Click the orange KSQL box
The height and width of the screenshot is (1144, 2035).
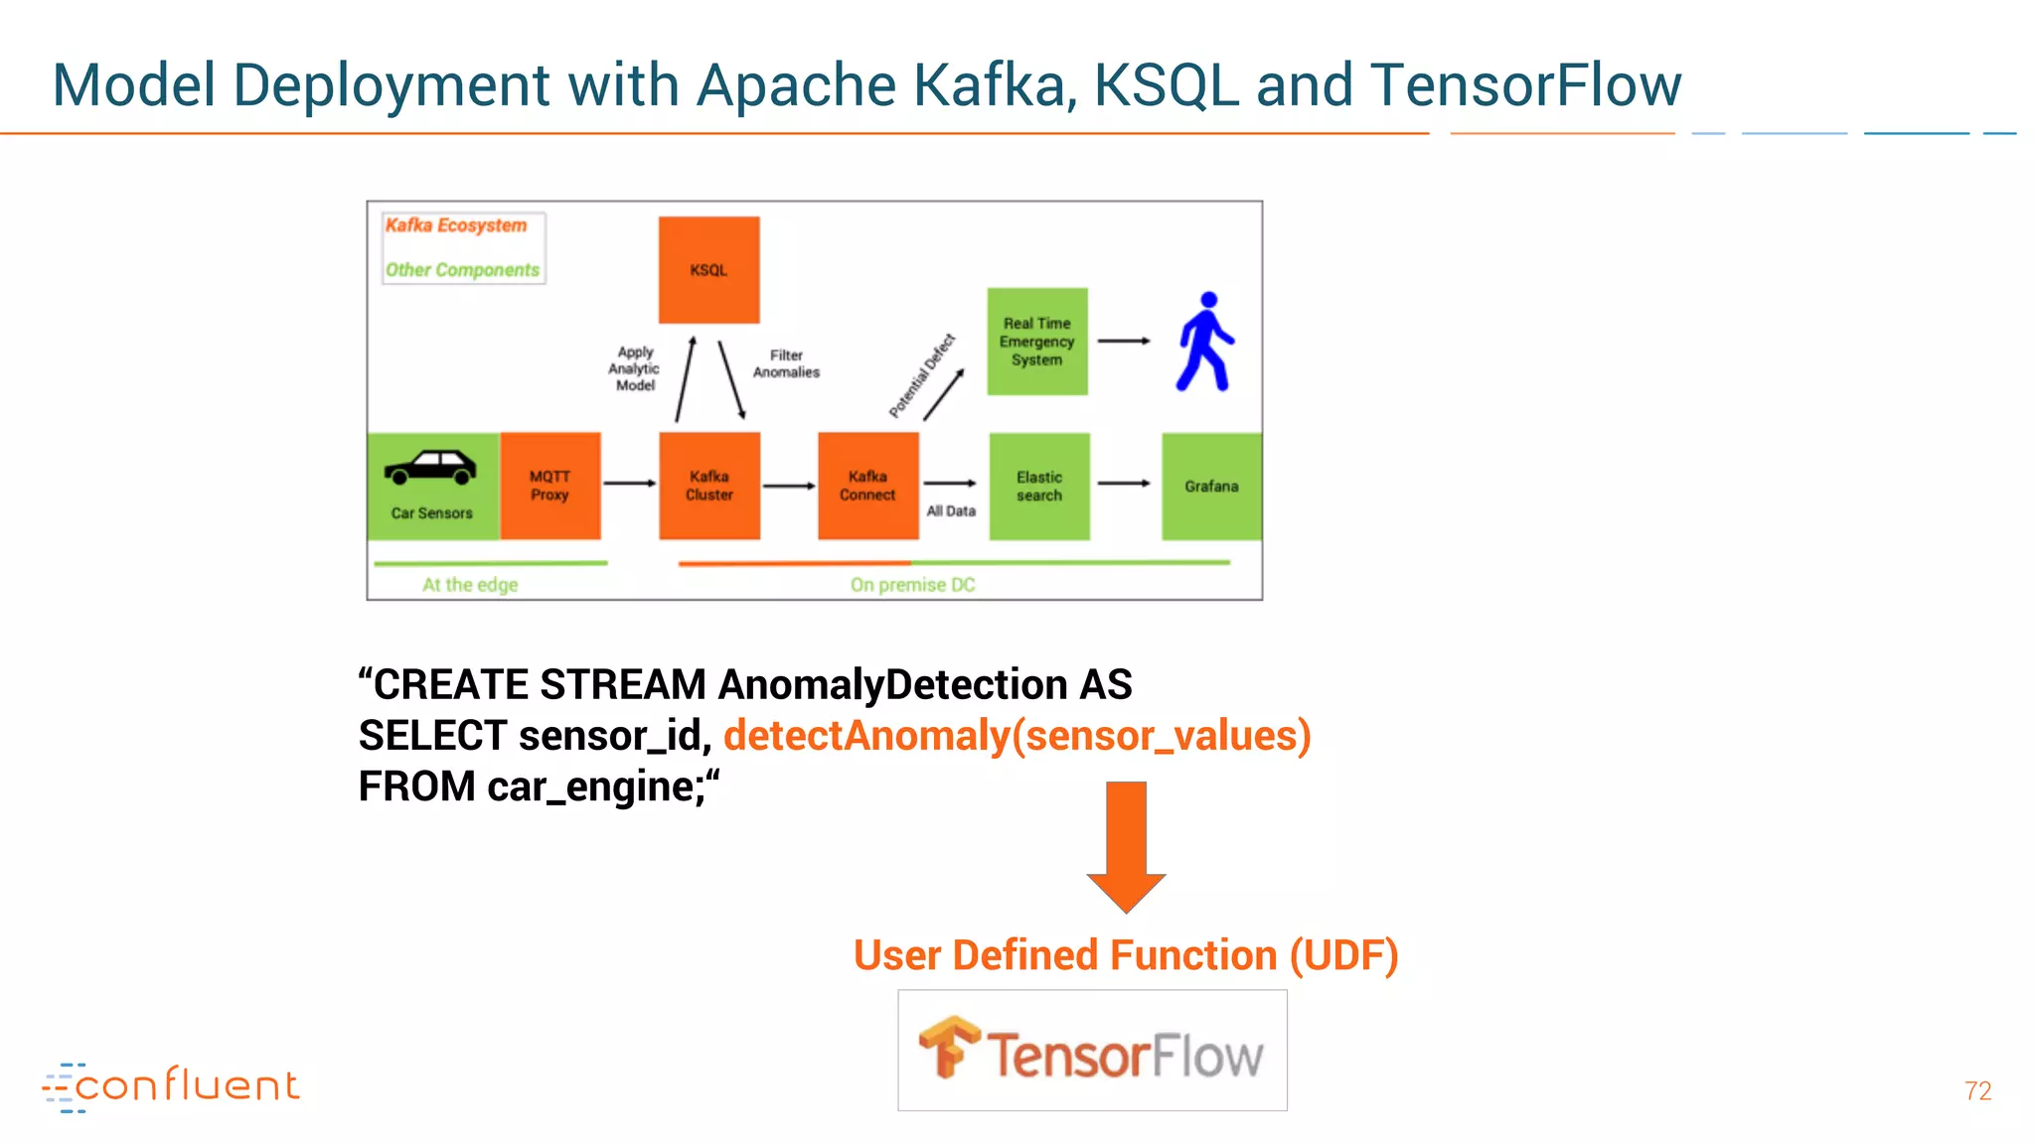coord(708,270)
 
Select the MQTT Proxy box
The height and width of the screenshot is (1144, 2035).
coord(549,486)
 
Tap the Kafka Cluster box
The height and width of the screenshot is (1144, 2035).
coord(709,486)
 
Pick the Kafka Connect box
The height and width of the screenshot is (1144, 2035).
coord(867,486)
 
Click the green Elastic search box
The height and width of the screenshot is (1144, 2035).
coord(1039,486)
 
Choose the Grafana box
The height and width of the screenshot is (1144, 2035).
coord(1211,486)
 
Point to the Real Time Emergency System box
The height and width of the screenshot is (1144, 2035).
coord(1037,342)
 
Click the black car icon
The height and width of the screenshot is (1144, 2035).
coord(430,468)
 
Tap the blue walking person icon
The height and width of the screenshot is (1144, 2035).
coord(1205,341)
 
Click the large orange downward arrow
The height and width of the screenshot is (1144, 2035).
coord(1126,845)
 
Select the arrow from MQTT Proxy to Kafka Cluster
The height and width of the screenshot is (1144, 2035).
coord(630,484)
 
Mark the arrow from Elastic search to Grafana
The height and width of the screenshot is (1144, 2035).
coord(1124,484)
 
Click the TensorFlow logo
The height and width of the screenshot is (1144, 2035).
coord(1092,1051)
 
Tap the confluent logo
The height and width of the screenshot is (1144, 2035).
coord(171,1086)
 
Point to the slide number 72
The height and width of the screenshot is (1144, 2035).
coord(1977,1091)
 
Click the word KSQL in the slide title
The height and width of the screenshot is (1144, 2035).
coord(1166,85)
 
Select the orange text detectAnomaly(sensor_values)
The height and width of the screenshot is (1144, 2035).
coord(1017,736)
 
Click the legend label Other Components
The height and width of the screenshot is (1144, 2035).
coord(462,270)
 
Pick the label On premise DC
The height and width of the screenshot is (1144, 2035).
coord(912,585)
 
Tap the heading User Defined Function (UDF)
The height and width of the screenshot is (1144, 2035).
coord(1126,955)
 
